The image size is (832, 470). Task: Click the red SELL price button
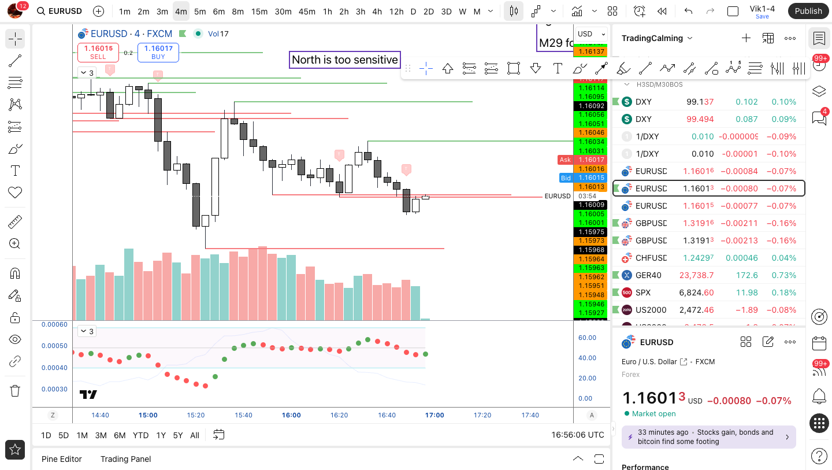point(98,52)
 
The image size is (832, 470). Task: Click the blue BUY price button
point(158,52)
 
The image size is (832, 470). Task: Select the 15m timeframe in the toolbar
point(259,11)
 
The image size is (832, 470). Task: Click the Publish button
point(808,11)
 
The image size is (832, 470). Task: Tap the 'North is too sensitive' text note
point(344,60)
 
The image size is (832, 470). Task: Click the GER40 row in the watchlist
point(648,275)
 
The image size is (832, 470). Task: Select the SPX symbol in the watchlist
point(643,293)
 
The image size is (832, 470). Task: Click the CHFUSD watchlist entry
point(651,258)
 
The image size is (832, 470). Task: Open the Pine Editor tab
point(61,459)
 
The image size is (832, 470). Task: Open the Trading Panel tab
point(125,459)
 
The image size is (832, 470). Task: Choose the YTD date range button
point(140,435)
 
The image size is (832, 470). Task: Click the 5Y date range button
point(178,435)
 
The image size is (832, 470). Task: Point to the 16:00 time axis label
point(291,415)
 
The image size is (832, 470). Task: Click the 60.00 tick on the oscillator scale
point(587,338)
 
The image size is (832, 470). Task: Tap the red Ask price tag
point(565,160)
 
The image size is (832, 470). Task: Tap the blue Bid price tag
point(565,177)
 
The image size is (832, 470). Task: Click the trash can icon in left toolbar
point(15,391)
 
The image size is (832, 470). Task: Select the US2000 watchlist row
point(651,310)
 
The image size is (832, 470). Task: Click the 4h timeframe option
point(377,11)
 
